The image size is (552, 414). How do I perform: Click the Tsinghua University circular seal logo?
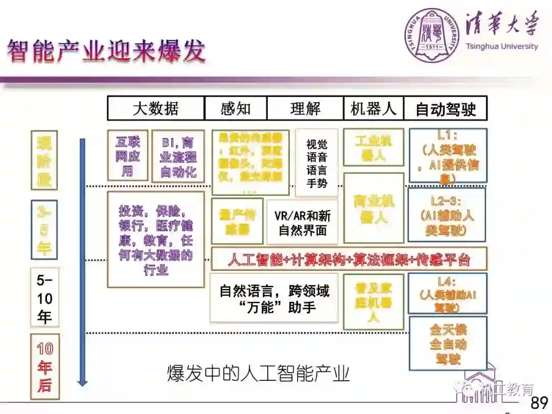[x=432, y=36]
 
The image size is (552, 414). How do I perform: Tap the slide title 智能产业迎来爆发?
[x=106, y=52]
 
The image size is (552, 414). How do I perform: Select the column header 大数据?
[x=155, y=108]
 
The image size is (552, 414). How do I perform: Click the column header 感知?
[x=236, y=108]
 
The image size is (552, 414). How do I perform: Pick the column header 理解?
[x=305, y=108]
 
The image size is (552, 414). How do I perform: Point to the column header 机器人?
[x=374, y=108]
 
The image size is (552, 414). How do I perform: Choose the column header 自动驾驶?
[x=445, y=108]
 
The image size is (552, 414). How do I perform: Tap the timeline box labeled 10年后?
[x=44, y=366]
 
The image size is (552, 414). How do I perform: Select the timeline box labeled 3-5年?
[x=44, y=229]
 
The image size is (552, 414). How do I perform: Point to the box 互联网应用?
[x=127, y=155]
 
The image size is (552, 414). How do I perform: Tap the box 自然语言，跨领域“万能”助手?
[x=274, y=298]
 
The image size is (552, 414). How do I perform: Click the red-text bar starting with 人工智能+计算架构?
[x=349, y=259]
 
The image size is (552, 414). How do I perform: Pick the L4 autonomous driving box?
[x=448, y=293]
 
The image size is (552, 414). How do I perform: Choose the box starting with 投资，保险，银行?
[x=155, y=239]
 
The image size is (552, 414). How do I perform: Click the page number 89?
[x=539, y=403]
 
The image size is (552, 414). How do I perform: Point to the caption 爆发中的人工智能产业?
[x=258, y=374]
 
